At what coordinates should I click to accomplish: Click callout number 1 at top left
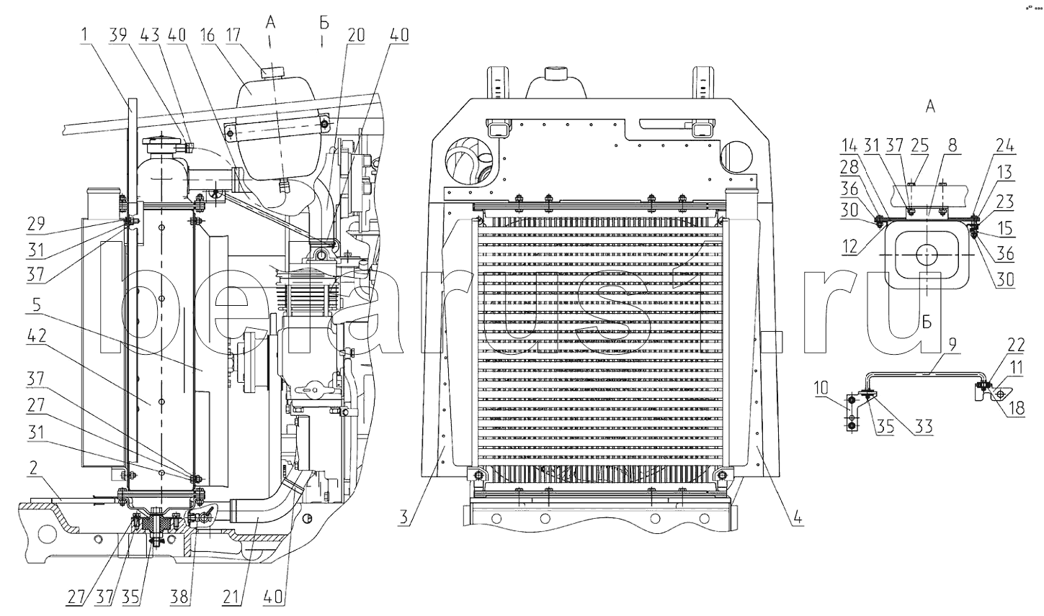coord(86,35)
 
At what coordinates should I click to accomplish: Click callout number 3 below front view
coord(406,515)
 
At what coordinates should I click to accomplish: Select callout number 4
coord(800,515)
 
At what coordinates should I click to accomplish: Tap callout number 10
coord(821,388)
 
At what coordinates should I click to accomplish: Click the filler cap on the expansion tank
coord(273,71)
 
